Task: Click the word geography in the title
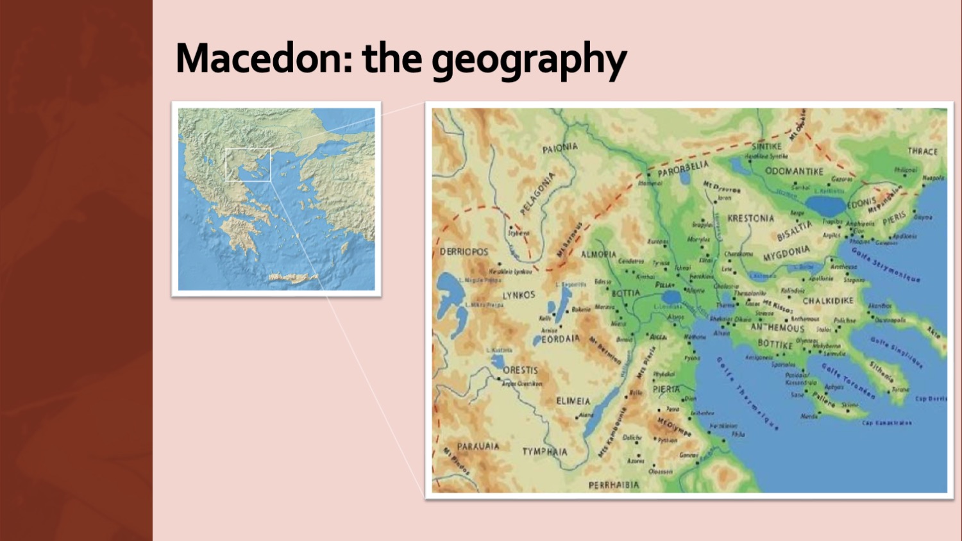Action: [x=528, y=60]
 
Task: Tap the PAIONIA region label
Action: [x=560, y=148]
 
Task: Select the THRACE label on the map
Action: [x=922, y=151]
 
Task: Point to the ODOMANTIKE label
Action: [x=794, y=171]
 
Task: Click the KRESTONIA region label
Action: [x=750, y=218]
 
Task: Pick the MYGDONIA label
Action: [x=786, y=253]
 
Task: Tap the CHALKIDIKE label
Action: [x=828, y=300]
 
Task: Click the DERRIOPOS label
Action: [x=464, y=251]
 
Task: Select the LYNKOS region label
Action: [x=518, y=295]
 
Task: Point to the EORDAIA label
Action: [x=561, y=338]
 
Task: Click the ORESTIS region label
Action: [x=520, y=370]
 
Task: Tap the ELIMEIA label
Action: [x=573, y=401]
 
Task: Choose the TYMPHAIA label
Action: [x=544, y=451]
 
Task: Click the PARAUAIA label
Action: [x=478, y=446]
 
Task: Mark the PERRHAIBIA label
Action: [x=614, y=485]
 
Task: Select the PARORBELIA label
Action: [x=683, y=169]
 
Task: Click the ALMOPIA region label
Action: [x=598, y=254]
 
